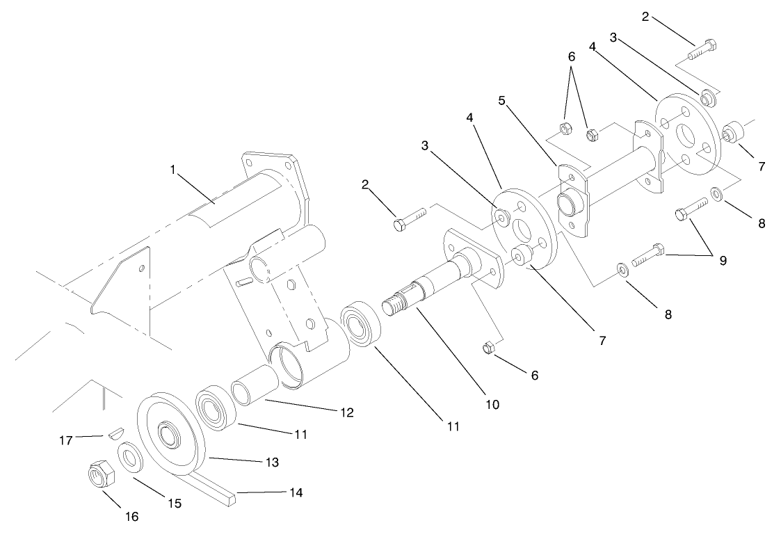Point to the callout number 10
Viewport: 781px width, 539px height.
(x=493, y=403)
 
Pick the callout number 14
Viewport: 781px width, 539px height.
(x=296, y=492)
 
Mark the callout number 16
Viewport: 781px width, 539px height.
(x=131, y=516)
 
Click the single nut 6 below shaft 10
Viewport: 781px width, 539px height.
(x=488, y=347)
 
